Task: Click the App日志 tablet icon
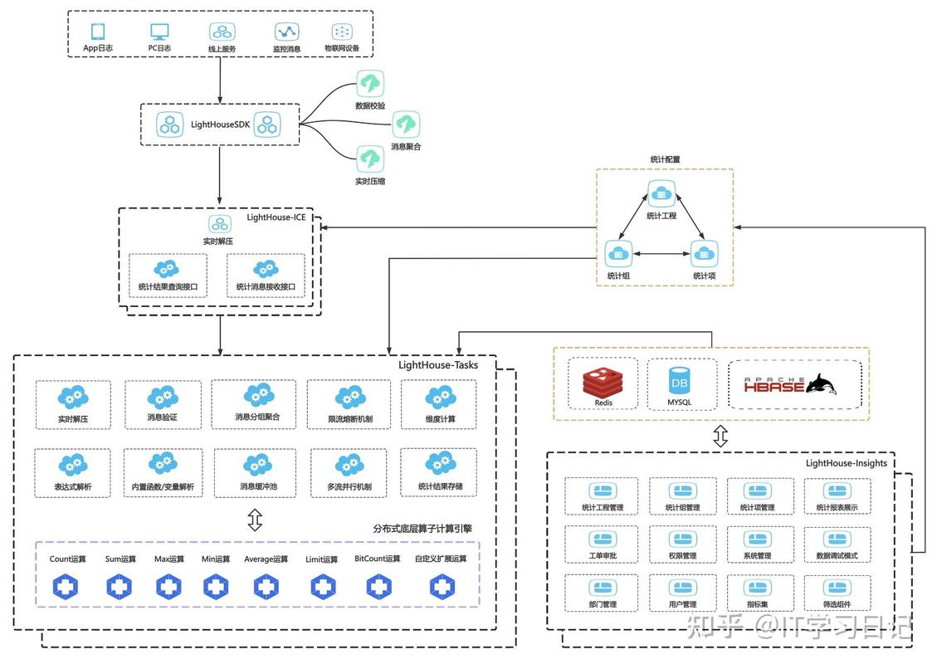tap(98, 31)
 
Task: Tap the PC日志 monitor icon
tap(159, 31)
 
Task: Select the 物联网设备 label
tap(342, 49)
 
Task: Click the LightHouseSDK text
tap(220, 124)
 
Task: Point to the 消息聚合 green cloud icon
tap(406, 124)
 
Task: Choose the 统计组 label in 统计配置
tap(617, 276)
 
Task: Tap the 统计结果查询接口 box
tap(168, 276)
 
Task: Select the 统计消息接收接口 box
tap(266, 276)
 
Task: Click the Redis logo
tap(603, 383)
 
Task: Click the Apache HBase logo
tap(788, 383)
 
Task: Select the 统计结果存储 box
tap(440, 472)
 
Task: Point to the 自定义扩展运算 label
tap(441, 559)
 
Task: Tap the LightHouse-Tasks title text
tap(437, 364)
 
